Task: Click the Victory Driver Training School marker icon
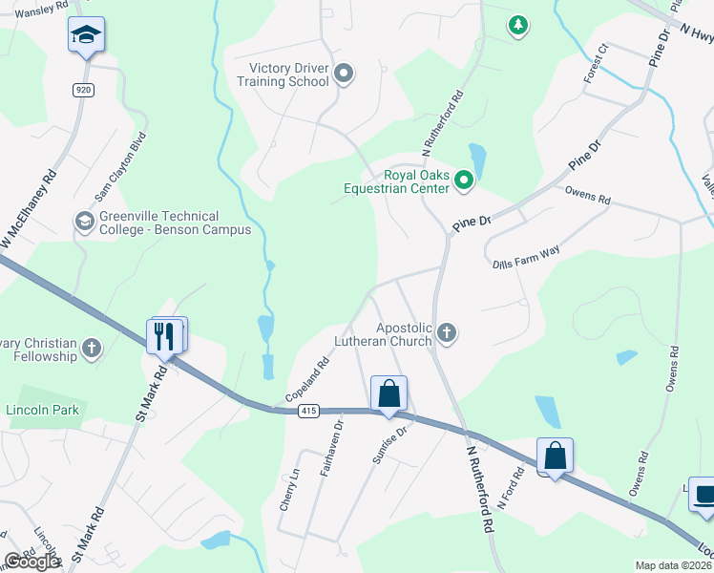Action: [x=345, y=73]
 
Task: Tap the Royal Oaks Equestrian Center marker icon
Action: [x=464, y=180]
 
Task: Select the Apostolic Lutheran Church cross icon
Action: [x=446, y=333]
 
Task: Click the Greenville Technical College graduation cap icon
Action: [x=84, y=222]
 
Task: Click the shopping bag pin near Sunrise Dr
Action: [x=388, y=393]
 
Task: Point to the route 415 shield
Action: [x=307, y=411]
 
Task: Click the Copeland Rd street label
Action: [x=307, y=379]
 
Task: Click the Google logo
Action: [x=32, y=562]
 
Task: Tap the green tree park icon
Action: [x=517, y=24]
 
